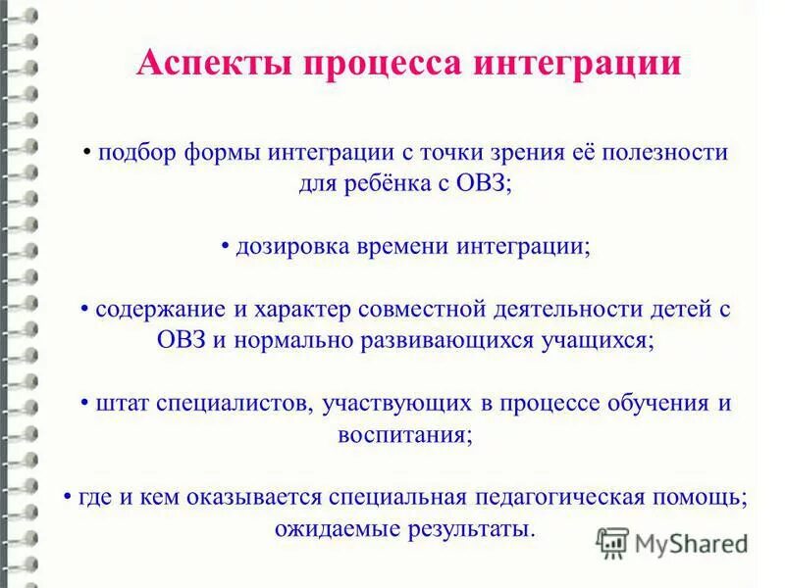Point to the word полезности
(x=666, y=154)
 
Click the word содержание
(x=162, y=310)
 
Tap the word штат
(x=120, y=403)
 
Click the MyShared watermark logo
(x=673, y=542)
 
